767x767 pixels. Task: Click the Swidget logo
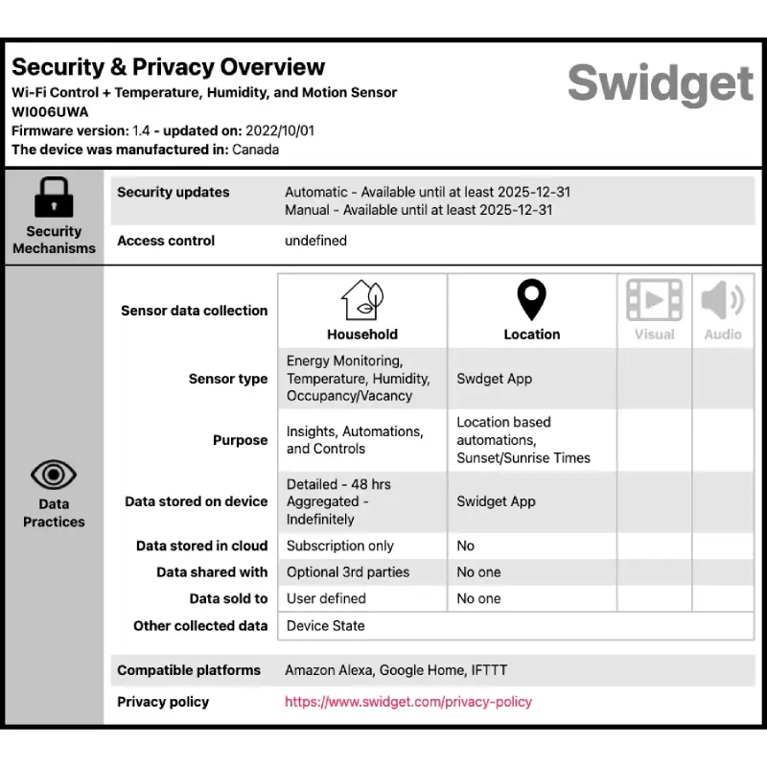point(660,83)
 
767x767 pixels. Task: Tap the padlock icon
point(54,198)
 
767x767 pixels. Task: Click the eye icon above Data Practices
point(54,474)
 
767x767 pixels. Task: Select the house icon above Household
point(362,300)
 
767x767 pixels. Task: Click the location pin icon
point(531,300)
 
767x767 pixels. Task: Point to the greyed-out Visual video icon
point(654,300)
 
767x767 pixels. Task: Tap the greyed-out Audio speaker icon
point(722,300)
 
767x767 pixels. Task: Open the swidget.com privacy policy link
point(408,702)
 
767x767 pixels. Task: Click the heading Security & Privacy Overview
point(169,67)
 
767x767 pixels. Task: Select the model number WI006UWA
point(50,111)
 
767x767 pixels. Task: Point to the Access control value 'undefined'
point(315,241)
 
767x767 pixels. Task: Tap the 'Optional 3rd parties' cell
point(348,572)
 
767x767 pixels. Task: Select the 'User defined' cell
point(326,598)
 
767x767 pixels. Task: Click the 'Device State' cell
point(326,626)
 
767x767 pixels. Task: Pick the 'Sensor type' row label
point(228,379)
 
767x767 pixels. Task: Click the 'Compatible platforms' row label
point(189,670)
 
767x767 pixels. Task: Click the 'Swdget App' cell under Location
point(495,379)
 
